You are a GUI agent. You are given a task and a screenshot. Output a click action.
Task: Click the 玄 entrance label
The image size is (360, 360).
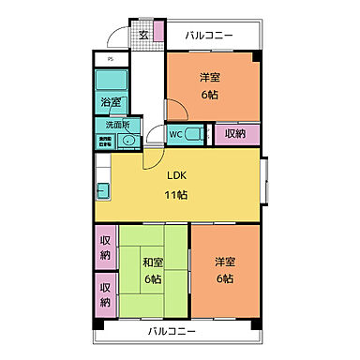[x=144, y=36]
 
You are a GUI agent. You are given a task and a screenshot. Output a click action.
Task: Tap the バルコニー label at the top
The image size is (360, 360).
[x=208, y=36]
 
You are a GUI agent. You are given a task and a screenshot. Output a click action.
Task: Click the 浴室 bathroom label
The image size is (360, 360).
[x=111, y=102]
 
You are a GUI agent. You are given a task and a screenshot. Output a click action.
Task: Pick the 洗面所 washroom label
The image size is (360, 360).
[x=117, y=125]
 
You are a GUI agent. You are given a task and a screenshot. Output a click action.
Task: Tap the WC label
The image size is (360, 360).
[x=175, y=133]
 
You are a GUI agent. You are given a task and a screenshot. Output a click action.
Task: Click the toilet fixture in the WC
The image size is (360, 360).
[x=196, y=134]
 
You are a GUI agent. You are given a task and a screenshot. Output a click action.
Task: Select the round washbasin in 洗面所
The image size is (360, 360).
[x=130, y=142]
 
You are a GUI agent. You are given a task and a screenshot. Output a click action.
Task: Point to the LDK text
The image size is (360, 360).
[x=177, y=175]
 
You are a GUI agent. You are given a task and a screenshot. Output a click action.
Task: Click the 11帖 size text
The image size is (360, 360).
[x=177, y=194]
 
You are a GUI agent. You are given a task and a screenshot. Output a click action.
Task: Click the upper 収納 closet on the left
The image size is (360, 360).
[x=106, y=247]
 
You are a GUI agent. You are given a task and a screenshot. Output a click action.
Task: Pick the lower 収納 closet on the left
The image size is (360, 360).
[x=106, y=293]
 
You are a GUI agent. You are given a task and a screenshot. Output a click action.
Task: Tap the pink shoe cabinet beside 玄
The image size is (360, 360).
[x=159, y=35]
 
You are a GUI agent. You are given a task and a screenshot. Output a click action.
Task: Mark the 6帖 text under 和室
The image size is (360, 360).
[x=153, y=278]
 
